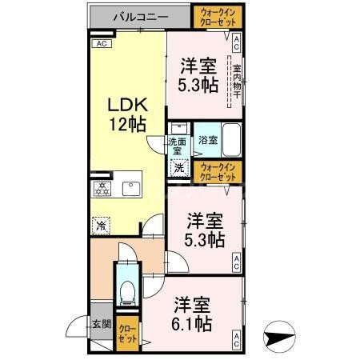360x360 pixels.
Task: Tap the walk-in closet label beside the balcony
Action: coord(212,15)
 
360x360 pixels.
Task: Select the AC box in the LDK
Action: coord(102,44)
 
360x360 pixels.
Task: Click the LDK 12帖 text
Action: coord(126,114)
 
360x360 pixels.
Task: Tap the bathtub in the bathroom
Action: coord(231,142)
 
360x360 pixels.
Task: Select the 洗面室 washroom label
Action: coord(176,146)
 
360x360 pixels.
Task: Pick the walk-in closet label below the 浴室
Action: coord(218,170)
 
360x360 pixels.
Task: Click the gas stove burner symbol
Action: coord(102,189)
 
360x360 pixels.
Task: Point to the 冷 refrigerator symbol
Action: coord(102,225)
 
